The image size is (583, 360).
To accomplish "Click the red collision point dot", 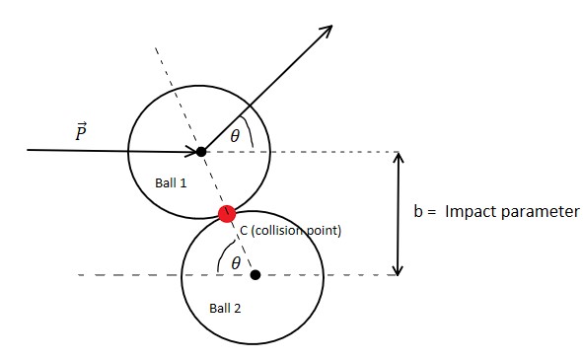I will coord(227,212).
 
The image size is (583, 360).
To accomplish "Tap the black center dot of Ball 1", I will coord(201,151).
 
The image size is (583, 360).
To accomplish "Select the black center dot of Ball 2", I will coord(255,274).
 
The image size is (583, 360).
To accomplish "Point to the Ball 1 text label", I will coord(172,182).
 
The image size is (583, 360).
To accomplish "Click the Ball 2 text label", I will coord(225,308).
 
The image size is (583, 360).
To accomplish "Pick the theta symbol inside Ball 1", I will coord(234,137).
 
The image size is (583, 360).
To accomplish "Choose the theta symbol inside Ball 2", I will coord(235,262).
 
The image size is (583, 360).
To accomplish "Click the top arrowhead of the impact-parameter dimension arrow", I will coord(399,157).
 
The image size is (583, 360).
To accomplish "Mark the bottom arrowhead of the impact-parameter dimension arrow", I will coord(399,269).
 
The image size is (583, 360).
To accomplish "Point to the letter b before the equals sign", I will coord(417,212).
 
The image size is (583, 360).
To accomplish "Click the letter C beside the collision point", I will coord(245,231).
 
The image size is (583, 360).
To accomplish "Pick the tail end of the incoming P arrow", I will coord(29,150).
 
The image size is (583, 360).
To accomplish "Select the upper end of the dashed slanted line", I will coord(156,46).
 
